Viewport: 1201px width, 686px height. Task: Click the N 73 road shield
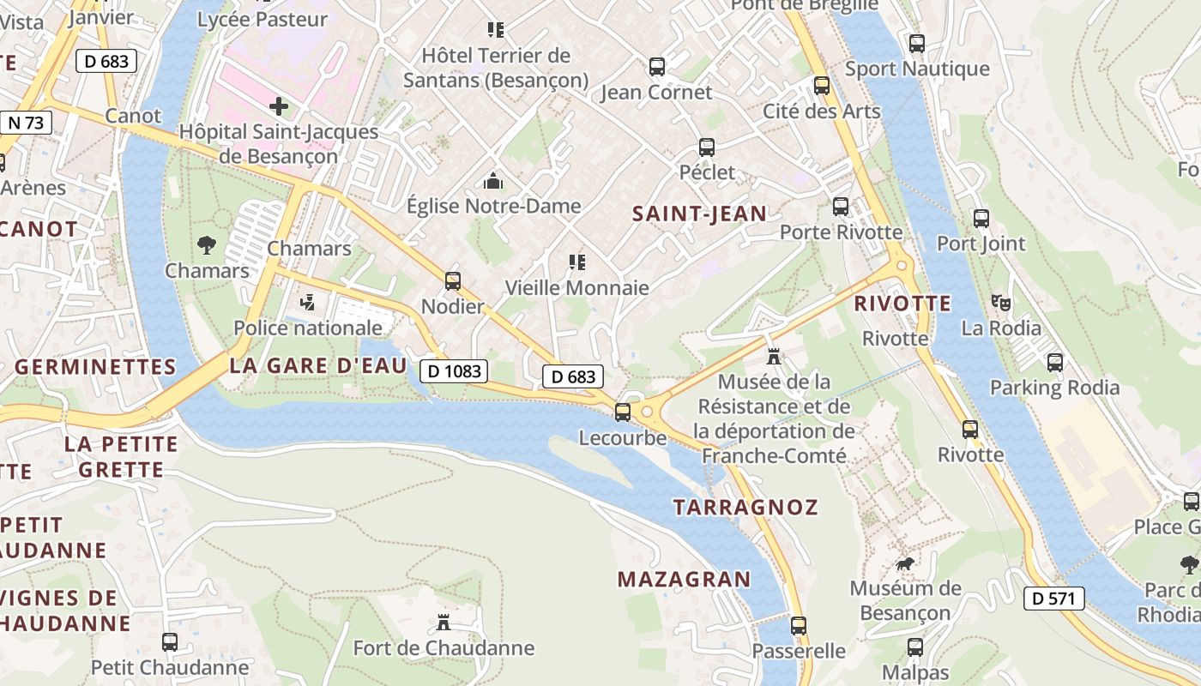[x=26, y=123]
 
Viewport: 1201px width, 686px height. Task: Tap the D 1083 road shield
[x=454, y=371]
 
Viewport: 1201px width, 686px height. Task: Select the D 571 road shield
[x=1053, y=599]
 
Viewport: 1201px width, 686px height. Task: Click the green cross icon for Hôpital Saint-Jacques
[x=279, y=107]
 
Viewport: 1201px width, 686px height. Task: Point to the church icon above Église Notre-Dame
[x=493, y=181]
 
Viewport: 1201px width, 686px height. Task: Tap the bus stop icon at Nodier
[x=452, y=281]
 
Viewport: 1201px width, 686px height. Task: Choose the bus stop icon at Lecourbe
[x=623, y=412]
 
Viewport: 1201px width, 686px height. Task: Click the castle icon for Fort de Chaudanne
[x=444, y=622]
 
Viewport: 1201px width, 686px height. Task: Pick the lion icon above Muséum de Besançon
[x=905, y=563]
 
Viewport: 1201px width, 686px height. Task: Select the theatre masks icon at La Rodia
[x=1000, y=302]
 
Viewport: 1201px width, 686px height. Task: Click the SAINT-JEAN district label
[x=699, y=214]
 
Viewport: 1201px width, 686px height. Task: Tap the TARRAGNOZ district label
[x=745, y=507]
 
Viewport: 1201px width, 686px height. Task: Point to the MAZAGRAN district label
[x=684, y=580]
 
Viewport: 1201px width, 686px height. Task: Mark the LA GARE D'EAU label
[x=317, y=366]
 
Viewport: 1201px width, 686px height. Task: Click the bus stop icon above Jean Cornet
[x=657, y=66]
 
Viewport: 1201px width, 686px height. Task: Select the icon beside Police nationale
[x=308, y=302]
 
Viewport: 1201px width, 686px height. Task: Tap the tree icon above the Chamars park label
[x=207, y=245]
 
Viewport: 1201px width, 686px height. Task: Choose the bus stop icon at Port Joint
[x=981, y=219]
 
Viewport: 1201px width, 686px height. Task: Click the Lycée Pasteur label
[x=263, y=19]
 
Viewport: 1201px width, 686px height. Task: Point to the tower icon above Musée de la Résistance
[x=774, y=356]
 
